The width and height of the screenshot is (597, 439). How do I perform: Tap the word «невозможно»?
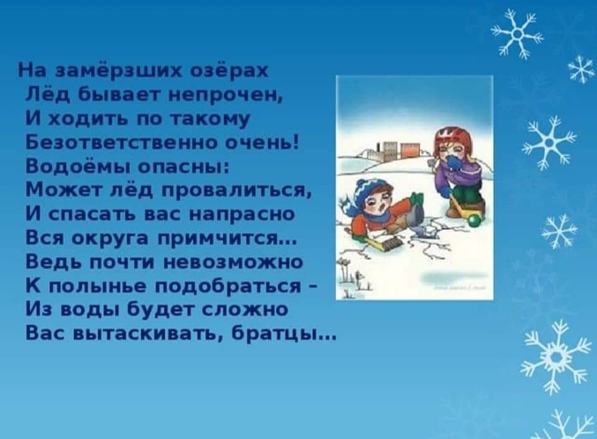[233, 262]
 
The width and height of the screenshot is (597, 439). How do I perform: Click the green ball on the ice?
[474, 221]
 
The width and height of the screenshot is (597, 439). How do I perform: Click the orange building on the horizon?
[409, 150]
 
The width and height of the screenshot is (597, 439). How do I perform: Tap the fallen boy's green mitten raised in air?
[416, 199]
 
